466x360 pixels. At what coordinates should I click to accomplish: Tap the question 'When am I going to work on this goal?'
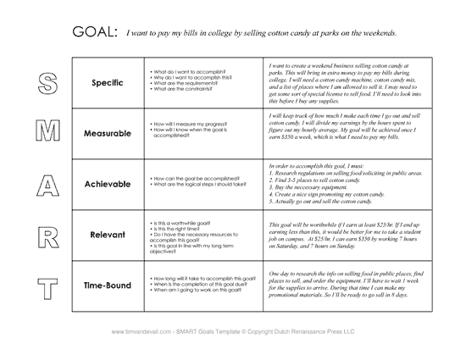(x=196, y=291)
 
